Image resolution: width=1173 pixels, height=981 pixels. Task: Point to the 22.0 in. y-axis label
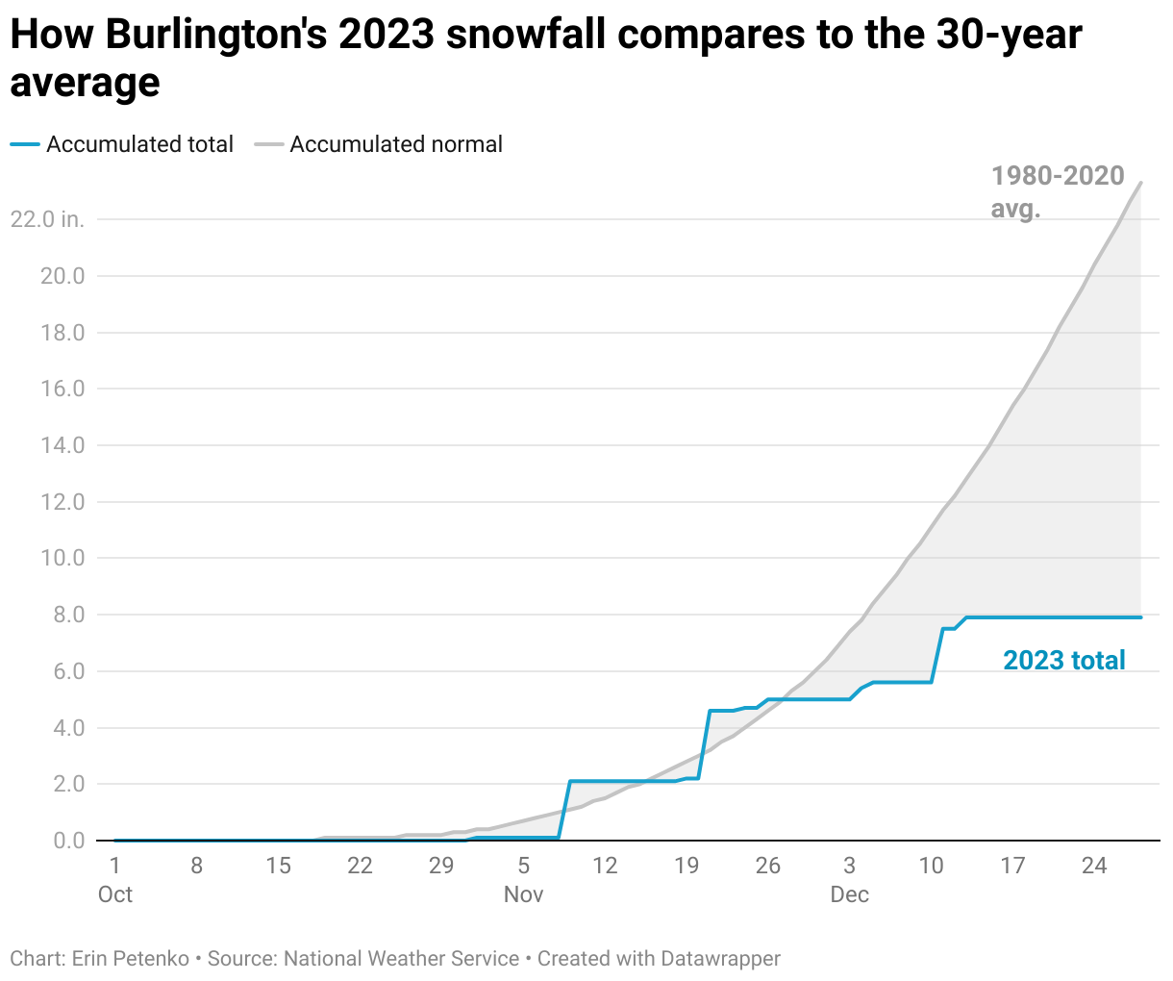tap(47, 219)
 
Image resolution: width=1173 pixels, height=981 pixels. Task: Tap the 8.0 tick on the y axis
tap(68, 615)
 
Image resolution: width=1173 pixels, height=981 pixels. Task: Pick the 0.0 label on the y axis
tap(68, 841)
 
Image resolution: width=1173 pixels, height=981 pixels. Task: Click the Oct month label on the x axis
tap(115, 894)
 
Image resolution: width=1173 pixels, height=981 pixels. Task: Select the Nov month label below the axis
tap(523, 894)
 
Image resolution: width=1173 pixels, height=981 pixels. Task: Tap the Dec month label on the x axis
tap(849, 894)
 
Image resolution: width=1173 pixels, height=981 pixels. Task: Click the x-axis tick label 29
tap(441, 866)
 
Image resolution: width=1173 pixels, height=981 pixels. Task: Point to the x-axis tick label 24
tap(1094, 866)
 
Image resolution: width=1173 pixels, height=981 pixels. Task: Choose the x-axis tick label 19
tap(686, 866)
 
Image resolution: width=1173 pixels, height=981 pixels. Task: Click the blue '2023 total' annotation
tap(1063, 661)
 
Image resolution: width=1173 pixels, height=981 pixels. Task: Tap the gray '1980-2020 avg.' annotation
tap(1057, 190)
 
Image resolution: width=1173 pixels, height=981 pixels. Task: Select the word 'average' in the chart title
tap(85, 83)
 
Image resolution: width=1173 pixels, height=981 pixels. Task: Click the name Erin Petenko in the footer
tap(130, 959)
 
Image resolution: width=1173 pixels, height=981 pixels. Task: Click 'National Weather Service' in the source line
tap(401, 959)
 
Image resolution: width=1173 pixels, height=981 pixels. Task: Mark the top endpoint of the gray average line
tap(1140, 182)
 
